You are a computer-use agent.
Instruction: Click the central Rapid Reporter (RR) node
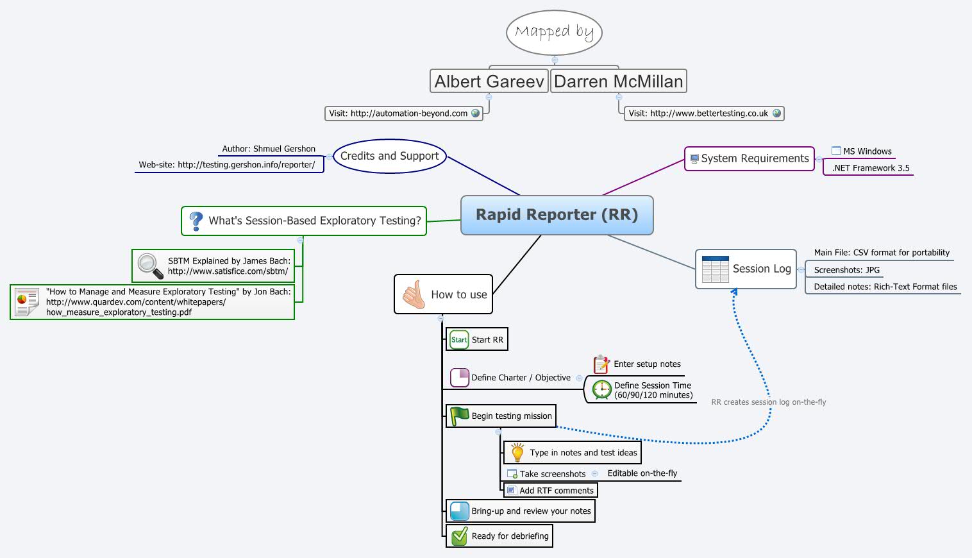(x=557, y=215)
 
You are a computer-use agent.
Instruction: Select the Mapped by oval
(x=554, y=32)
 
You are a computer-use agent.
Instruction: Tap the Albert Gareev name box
(x=489, y=81)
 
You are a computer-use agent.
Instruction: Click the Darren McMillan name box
(x=618, y=81)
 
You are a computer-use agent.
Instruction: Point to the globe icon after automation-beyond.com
(x=475, y=114)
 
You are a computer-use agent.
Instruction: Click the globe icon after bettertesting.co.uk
(x=776, y=114)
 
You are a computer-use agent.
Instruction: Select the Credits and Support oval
(x=389, y=156)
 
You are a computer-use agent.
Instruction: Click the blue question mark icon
(x=196, y=221)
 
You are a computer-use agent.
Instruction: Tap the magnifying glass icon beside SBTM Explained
(x=150, y=266)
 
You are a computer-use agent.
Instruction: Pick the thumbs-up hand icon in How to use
(x=414, y=294)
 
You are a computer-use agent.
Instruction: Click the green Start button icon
(x=459, y=340)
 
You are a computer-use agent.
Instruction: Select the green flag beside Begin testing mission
(x=459, y=416)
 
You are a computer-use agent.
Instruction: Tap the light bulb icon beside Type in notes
(x=517, y=453)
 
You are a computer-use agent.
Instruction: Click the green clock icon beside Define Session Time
(x=601, y=390)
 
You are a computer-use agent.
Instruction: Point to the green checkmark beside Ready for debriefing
(x=459, y=536)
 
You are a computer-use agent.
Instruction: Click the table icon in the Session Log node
(x=715, y=269)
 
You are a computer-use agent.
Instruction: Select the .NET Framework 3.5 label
(x=870, y=168)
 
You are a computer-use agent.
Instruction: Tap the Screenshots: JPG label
(x=846, y=270)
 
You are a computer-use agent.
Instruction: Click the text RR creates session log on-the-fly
(x=768, y=402)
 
